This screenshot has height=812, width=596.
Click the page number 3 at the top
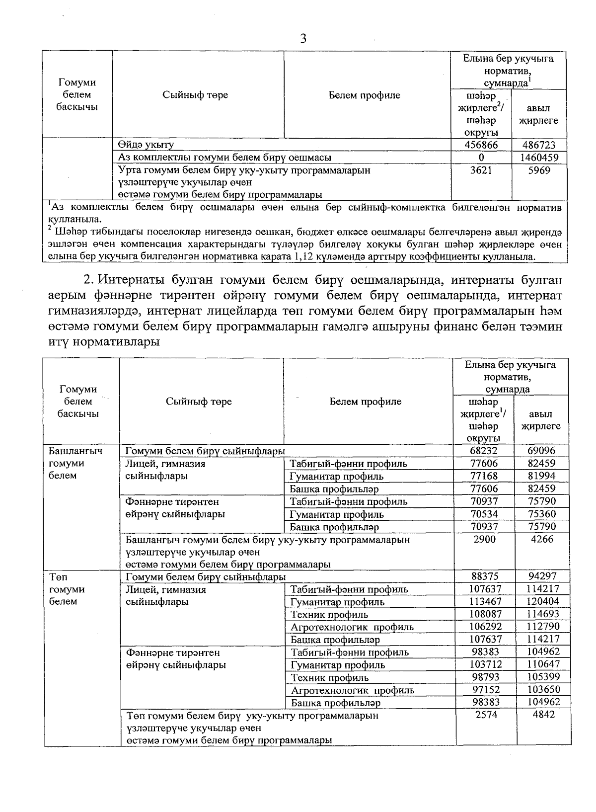click(303, 39)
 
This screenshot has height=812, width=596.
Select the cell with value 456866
click(481, 145)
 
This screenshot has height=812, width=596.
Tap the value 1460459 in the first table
click(539, 158)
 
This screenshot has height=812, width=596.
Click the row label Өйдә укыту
click(146, 145)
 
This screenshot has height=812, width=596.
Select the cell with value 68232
click(484, 451)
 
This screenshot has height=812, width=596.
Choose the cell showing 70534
click(484, 514)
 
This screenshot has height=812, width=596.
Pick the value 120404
click(543, 602)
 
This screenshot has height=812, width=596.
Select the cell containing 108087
click(485, 614)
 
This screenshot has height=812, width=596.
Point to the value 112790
click(543, 627)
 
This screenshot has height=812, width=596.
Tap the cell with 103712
click(485, 664)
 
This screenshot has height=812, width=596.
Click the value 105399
click(543, 677)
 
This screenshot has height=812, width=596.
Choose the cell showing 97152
click(485, 690)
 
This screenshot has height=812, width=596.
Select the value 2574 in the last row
click(485, 715)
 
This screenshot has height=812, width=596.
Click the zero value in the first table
click(481, 158)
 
